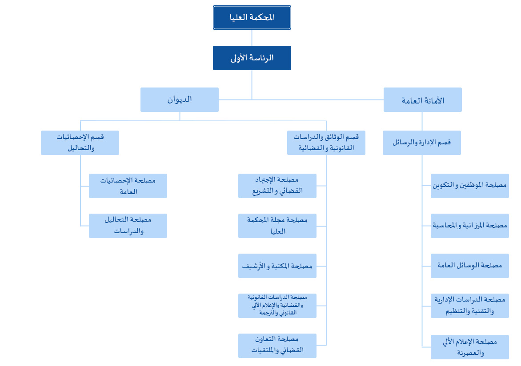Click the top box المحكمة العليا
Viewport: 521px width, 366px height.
[252, 18]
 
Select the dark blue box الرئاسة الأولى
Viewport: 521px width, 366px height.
[252, 58]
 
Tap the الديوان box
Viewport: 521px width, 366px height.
[180, 99]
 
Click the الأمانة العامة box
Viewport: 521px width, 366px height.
[423, 99]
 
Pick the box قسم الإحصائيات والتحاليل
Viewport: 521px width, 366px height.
[80, 143]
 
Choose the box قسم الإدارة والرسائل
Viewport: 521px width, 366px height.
[422, 143]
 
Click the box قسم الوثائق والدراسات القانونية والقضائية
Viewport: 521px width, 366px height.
[326, 143]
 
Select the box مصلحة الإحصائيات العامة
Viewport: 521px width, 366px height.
[128, 186]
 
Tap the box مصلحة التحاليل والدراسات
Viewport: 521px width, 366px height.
[128, 226]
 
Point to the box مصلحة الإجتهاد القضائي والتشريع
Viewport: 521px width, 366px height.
[277, 186]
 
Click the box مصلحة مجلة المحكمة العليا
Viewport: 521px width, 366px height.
[277, 226]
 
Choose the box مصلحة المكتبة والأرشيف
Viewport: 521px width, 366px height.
[277, 266]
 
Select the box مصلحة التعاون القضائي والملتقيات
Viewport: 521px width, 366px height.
[277, 346]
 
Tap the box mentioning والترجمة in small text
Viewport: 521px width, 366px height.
[277, 306]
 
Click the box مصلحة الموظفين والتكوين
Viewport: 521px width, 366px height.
[470, 186]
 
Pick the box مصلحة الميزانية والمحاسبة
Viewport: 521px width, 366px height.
[470, 226]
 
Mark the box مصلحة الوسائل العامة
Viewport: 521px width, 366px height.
[470, 266]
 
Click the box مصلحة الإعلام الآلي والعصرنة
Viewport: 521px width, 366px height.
[470, 347]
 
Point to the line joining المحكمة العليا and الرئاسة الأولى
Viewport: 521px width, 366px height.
[252, 38]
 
